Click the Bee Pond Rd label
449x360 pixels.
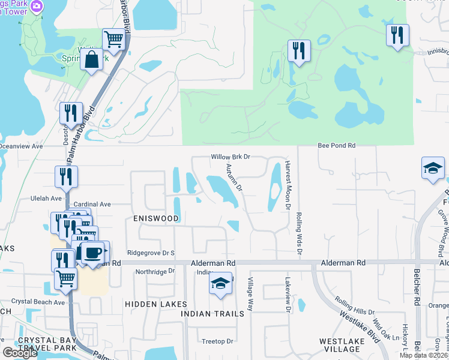[336, 145]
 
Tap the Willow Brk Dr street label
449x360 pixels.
[229, 157]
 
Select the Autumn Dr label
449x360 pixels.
[235, 178]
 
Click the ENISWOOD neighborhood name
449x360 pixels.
[156, 218]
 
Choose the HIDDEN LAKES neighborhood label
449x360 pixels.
[152, 305]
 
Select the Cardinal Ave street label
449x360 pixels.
[92, 204]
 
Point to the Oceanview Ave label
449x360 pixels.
[22, 146]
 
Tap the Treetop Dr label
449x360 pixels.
[217, 341]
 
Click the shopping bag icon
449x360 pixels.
[91, 59]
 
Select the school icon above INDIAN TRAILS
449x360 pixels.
[221, 283]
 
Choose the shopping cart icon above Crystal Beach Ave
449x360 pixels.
[65, 278]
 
